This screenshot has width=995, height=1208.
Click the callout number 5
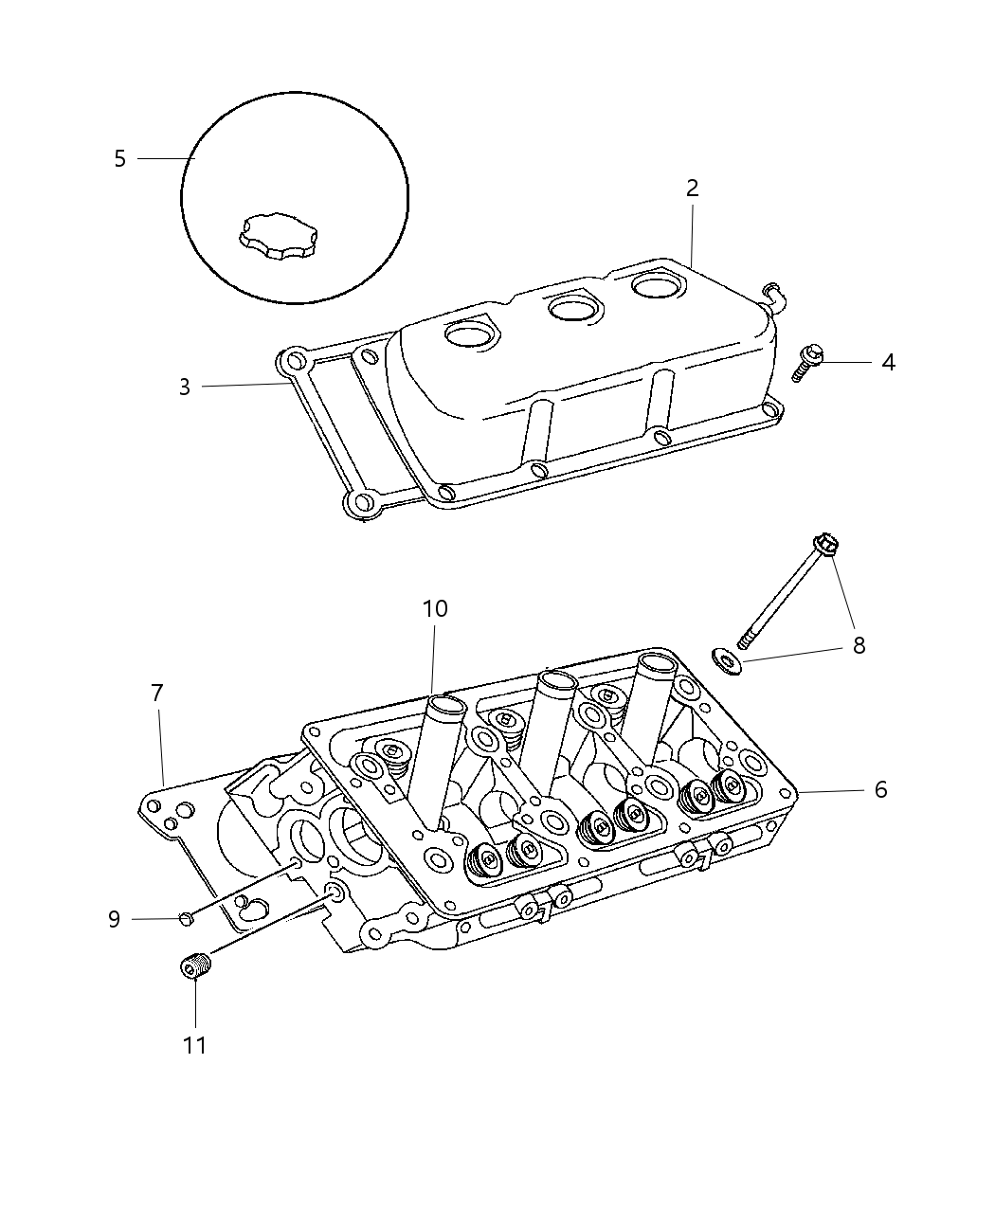pyautogui.click(x=119, y=158)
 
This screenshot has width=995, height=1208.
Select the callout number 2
pyautogui.click(x=693, y=189)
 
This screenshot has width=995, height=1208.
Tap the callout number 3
pyautogui.click(x=185, y=387)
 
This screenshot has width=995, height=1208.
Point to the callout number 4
pyautogui.click(x=887, y=362)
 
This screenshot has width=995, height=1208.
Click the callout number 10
pyautogui.click(x=435, y=608)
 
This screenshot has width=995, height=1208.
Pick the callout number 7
pyautogui.click(x=157, y=693)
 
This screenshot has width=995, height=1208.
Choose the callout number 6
pyautogui.click(x=880, y=789)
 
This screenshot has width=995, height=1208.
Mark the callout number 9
pyautogui.click(x=114, y=918)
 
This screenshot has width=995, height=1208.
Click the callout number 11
pyautogui.click(x=195, y=1045)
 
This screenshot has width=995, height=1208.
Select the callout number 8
pyautogui.click(x=859, y=645)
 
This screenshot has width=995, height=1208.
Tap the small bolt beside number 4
pyautogui.click(x=805, y=364)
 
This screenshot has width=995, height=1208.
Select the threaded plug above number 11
pyautogui.click(x=195, y=967)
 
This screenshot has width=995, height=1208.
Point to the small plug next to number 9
pyautogui.click(x=186, y=916)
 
